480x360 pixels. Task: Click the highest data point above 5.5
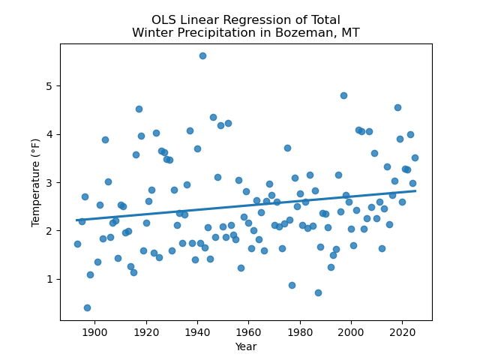click(x=202, y=55)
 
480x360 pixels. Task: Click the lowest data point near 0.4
click(x=87, y=307)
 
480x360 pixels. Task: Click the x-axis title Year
click(x=246, y=346)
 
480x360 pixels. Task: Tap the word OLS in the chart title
click(x=164, y=20)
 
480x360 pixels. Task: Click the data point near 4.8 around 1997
click(x=343, y=95)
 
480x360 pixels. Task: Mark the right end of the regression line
click(x=415, y=190)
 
